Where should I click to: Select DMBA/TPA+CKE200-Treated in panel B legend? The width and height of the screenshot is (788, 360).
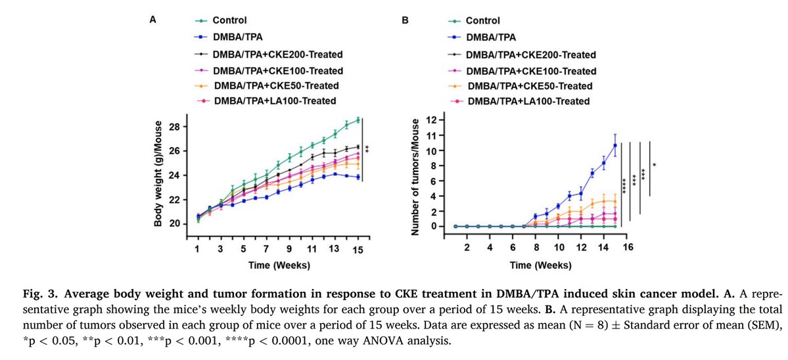[x=530, y=55]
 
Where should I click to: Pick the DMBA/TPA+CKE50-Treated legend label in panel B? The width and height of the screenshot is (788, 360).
[x=528, y=86]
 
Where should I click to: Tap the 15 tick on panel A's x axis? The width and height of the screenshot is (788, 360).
[x=358, y=250]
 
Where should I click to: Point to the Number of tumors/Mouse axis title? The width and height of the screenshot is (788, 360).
[x=415, y=174]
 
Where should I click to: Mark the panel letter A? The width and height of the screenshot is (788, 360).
[x=153, y=20]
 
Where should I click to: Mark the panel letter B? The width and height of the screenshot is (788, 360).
[x=405, y=20]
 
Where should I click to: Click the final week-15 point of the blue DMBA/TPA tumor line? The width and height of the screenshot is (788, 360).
[x=614, y=146]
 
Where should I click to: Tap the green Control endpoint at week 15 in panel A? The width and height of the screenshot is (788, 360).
[x=358, y=120]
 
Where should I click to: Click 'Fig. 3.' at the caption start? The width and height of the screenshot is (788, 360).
[x=21, y=292]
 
